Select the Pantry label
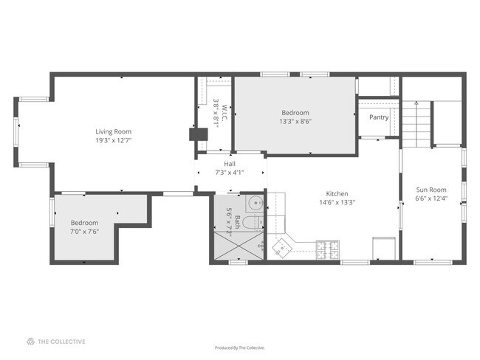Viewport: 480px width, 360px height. [379, 117]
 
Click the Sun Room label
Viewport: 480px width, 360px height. [431, 189]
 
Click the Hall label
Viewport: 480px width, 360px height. [229, 164]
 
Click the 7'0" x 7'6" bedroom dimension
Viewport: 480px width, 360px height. [84, 232]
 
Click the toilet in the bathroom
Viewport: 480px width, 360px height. [251, 224]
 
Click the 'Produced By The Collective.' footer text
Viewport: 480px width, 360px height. [239, 347]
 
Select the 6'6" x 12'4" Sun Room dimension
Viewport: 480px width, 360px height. [431, 198]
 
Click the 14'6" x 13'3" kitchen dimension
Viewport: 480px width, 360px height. [337, 202]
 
